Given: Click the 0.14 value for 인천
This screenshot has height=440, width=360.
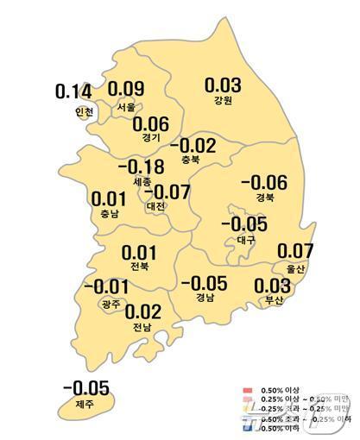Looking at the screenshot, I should coord(72,91).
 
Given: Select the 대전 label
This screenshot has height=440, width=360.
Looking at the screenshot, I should coord(156,207).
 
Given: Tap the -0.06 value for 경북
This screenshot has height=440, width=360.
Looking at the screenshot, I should coord(262,182).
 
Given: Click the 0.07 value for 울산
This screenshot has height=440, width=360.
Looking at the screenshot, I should coord(296,252).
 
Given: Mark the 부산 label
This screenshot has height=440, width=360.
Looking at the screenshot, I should coord(275,300).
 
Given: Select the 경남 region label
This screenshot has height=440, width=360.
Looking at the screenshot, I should coord(204,299).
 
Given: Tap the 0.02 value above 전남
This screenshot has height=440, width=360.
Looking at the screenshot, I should coord(142,311).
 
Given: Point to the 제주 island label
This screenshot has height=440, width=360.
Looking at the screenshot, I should coord(84,404).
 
